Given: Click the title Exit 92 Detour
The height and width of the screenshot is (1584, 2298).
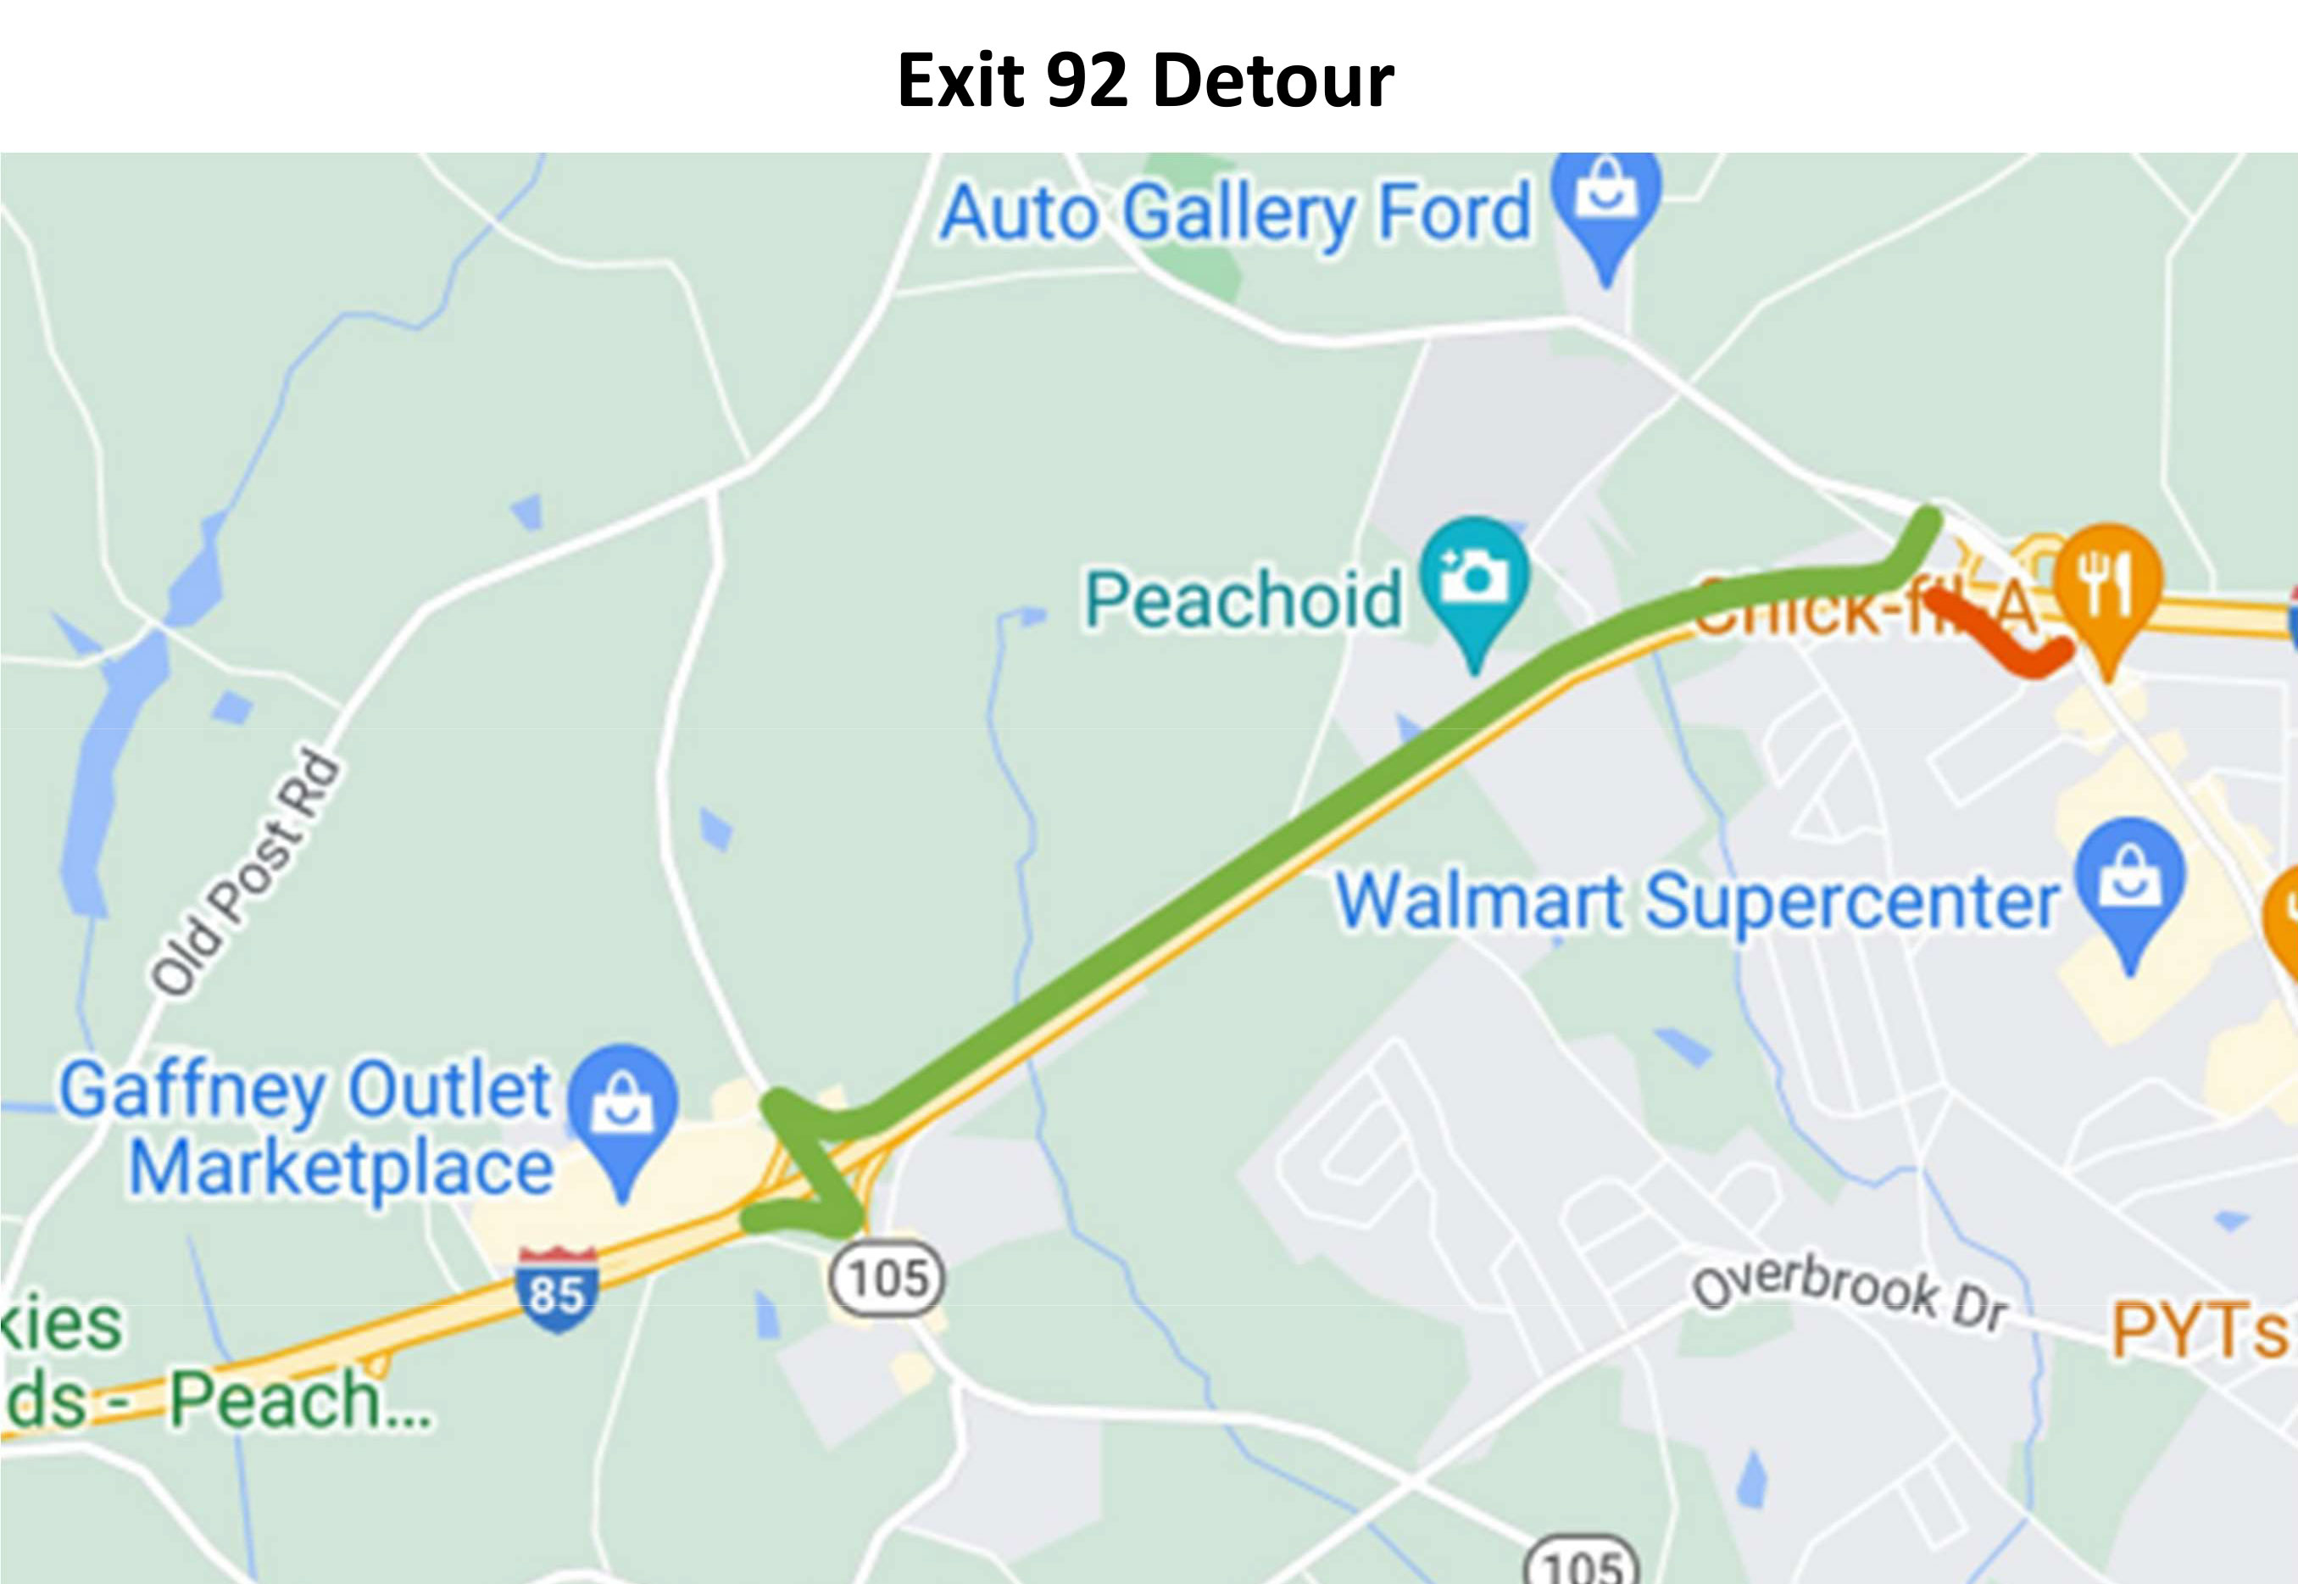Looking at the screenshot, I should [x=1145, y=81].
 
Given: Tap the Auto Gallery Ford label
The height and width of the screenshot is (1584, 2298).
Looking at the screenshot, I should [x=1235, y=214].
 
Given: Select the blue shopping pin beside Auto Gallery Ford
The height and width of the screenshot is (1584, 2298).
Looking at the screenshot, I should [x=1606, y=198].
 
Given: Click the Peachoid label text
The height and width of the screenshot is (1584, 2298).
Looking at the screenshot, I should [x=1244, y=600].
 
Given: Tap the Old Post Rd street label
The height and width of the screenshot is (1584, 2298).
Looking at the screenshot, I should [x=245, y=873].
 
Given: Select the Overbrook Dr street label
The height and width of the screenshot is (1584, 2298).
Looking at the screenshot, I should [x=1850, y=1295].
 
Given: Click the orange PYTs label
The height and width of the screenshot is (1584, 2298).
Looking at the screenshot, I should [x=2199, y=1330].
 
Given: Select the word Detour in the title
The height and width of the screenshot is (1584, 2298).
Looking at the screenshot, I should [x=1274, y=81].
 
